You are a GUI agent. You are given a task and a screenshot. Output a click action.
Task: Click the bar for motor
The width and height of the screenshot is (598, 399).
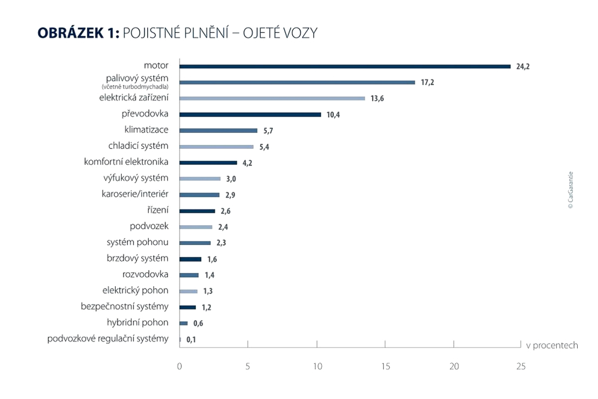(345, 66)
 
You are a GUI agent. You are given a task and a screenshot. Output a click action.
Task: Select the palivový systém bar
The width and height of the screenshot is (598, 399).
(297, 82)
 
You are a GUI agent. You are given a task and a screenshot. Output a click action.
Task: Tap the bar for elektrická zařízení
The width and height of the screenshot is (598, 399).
(272, 99)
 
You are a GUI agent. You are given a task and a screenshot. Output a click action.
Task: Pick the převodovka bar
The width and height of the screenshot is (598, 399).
(250, 115)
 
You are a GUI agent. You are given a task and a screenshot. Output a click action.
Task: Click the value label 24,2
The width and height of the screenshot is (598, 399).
(523, 66)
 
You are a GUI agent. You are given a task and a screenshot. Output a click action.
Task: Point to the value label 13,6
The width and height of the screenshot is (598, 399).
(377, 99)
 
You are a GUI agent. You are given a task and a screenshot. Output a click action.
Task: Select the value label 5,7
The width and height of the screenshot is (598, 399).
(269, 131)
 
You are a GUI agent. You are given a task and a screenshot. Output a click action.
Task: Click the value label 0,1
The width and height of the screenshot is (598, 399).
(191, 339)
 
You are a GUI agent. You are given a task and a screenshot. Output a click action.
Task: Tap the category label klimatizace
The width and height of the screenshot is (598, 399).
(146, 130)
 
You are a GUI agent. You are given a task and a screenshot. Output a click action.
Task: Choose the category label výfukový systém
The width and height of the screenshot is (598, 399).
(136, 178)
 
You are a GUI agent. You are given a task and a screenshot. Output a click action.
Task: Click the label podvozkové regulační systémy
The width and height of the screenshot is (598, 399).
(108, 339)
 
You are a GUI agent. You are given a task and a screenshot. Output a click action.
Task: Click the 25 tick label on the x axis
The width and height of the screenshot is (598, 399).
(521, 366)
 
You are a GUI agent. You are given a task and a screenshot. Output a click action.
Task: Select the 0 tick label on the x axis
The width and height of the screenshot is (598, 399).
(180, 366)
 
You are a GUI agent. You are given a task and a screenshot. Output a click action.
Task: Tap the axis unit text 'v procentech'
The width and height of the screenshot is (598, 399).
(551, 345)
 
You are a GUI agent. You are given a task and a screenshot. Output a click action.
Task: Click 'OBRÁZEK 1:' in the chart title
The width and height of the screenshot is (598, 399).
(78, 33)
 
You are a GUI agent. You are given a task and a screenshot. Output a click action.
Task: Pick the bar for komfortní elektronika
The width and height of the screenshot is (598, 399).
(208, 162)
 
